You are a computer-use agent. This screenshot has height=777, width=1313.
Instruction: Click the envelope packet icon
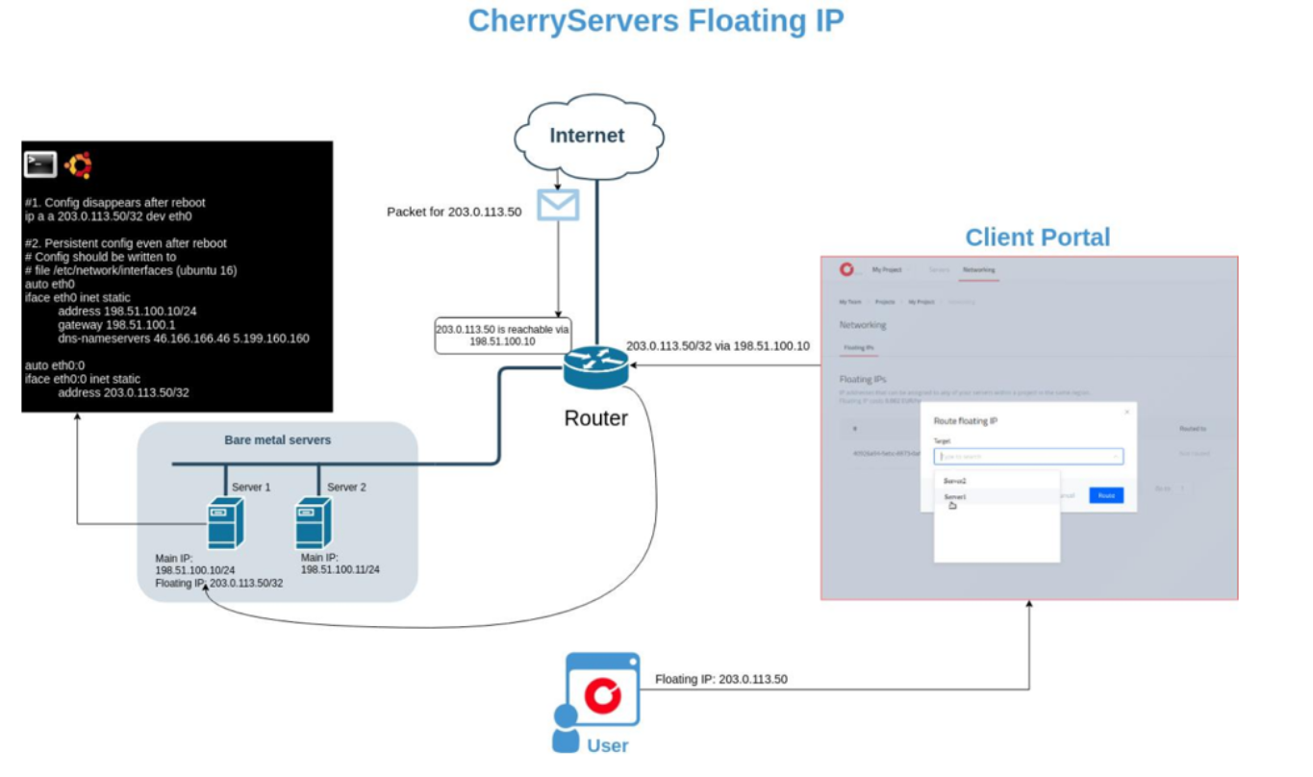[558, 205]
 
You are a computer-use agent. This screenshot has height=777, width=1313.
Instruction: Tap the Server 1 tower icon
[226, 523]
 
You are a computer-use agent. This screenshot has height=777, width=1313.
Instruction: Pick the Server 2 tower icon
[314, 523]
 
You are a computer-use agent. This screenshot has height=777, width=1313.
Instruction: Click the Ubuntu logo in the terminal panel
[78, 165]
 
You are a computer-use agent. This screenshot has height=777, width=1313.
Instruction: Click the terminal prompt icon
[40, 165]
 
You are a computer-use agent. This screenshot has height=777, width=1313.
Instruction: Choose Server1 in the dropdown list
[955, 496]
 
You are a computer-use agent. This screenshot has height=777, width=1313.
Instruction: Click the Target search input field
[1027, 457]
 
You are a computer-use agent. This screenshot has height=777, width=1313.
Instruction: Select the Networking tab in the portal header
[979, 270]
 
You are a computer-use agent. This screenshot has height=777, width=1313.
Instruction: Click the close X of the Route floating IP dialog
[1127, 412]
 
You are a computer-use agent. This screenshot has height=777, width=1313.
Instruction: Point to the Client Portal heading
[1037, 238]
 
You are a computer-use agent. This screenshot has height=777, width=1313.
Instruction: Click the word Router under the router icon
[595, 417]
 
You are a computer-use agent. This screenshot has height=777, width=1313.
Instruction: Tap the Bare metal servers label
[277, 440]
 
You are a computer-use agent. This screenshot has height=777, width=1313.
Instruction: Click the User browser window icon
[602, 688]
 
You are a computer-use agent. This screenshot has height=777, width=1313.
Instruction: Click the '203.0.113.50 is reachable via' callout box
[502, 336]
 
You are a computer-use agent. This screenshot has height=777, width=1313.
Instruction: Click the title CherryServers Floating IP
[655, 21]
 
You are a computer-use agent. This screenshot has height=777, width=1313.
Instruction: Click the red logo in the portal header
[846, 270]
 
